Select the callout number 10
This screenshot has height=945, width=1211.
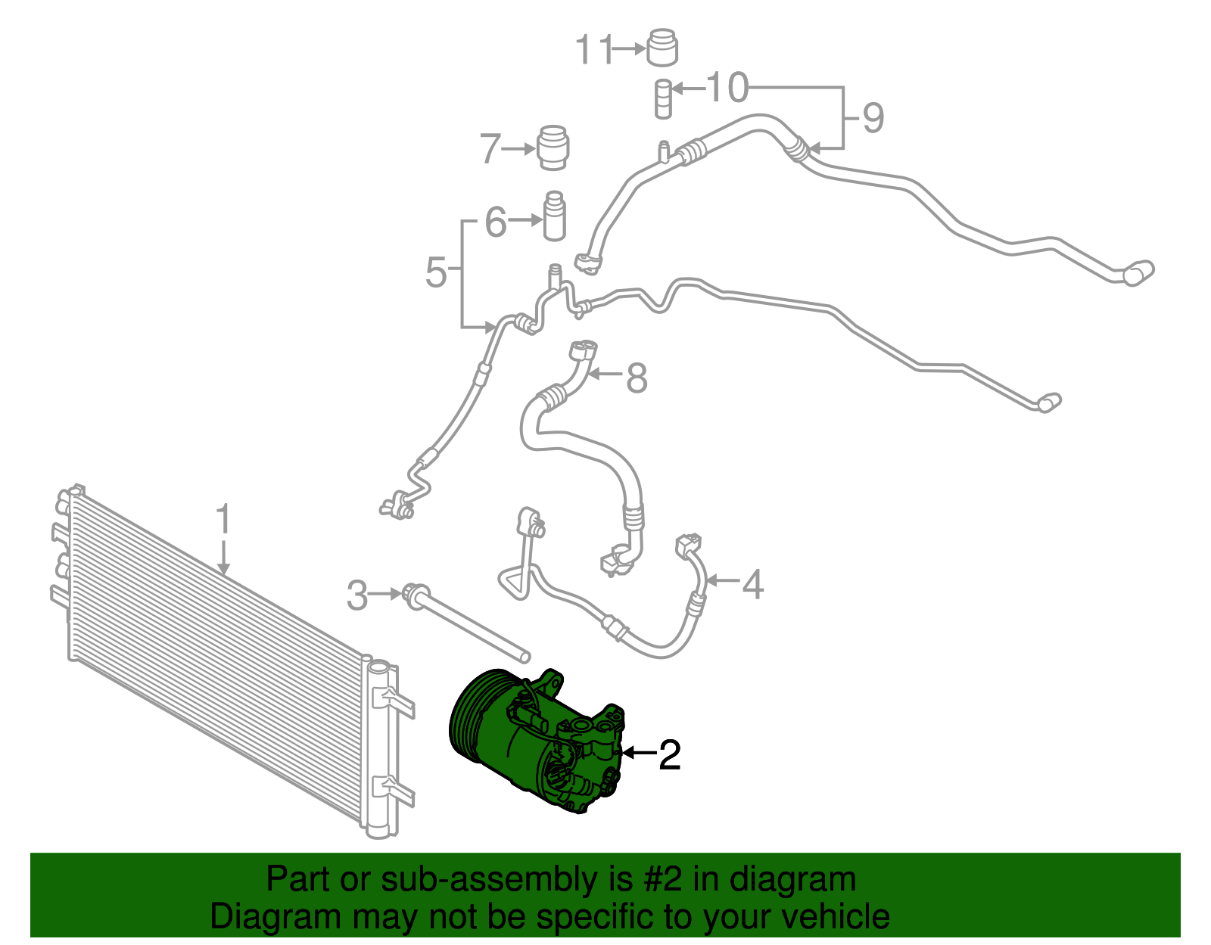(727, 88)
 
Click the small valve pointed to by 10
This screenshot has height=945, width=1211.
(663, 98)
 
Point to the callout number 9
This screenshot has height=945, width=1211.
(873, 117)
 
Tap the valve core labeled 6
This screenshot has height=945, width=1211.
(555, 216)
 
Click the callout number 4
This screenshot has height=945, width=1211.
(752, 584)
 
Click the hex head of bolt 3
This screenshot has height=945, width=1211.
(415, 595)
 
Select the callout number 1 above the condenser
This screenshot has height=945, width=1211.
(223, 521)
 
